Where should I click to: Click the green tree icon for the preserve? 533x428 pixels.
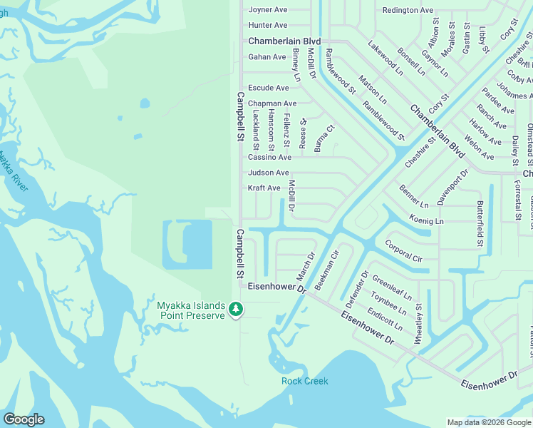click(236, 310)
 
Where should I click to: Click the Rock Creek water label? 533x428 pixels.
click(305, 381)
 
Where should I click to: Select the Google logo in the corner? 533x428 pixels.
click(24, 419)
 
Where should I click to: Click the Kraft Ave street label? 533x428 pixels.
click(264, 188)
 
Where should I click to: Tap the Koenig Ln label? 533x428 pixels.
click(426, 221)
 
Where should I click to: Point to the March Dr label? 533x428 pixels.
click(305, 266)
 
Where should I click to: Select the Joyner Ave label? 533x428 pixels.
click(267, 10)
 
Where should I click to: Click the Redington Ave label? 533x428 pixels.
click(408, 11)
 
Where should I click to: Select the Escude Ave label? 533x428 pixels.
click(268, 88)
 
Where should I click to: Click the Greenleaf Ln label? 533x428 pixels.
click(392, 289)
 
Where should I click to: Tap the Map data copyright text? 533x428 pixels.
click(488, 422)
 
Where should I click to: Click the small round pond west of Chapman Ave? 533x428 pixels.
click(145, 103)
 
